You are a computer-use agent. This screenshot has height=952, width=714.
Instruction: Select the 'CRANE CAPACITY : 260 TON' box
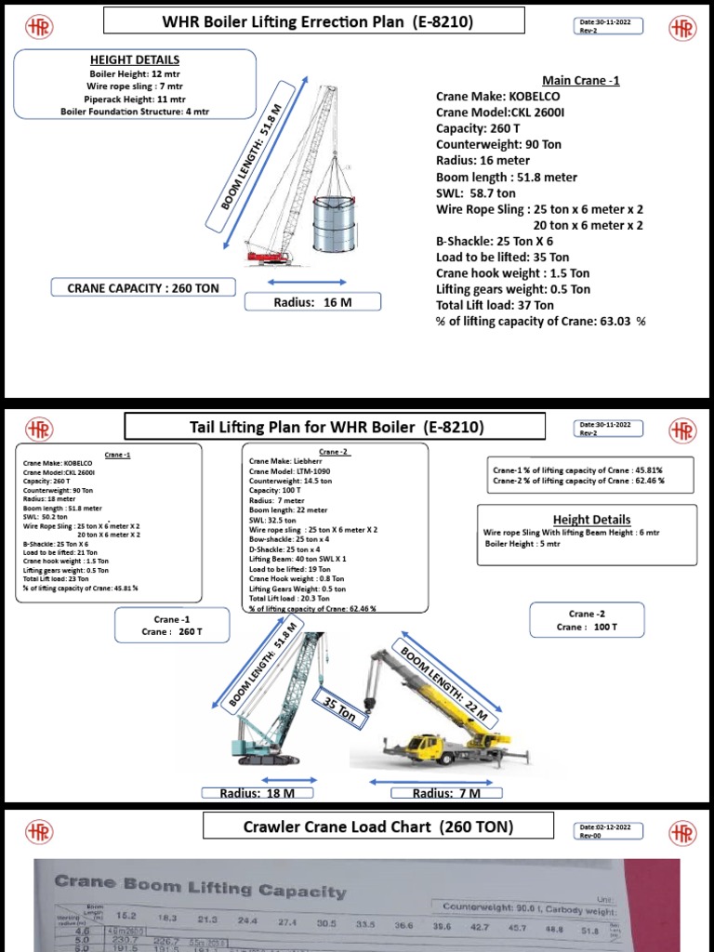click(143, 288)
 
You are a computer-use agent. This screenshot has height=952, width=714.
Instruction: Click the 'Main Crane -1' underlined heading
click(581, 80)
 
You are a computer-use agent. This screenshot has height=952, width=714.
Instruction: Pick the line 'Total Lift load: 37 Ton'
click(495, 305)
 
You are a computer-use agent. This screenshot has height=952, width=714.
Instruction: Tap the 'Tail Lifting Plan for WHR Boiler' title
click(334, 427)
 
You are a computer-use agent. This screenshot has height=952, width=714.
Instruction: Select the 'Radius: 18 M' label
click(257, 793)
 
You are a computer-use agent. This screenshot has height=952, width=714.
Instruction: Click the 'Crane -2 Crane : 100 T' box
click(588, 621)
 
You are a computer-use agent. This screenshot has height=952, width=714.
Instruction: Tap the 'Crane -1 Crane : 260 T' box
click(172, 626)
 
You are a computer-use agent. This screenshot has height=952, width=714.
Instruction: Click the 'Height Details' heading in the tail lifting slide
click(591, 520)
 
